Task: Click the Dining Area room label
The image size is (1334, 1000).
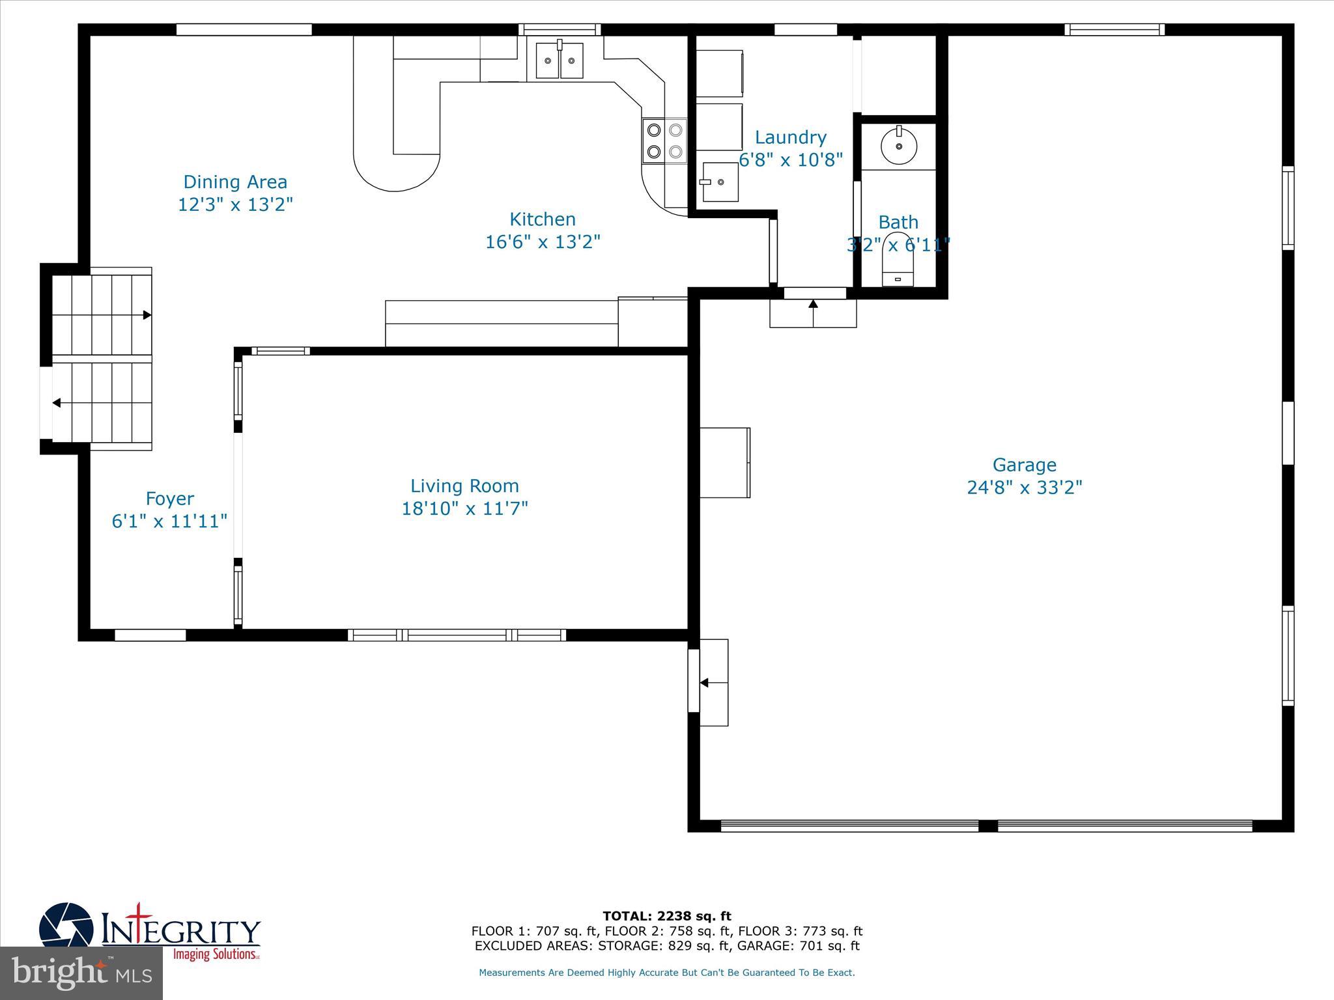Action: point(235,182)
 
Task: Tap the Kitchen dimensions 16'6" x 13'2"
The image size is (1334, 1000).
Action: point(543,242)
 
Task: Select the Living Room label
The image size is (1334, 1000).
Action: point(464,486)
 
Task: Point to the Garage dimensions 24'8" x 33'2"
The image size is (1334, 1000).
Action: point(1024,488)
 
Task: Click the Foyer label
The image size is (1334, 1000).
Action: point(169,499)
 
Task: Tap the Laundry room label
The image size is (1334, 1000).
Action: point(790,137)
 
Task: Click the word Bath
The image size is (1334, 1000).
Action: point(898,222)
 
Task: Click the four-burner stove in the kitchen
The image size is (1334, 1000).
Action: point(664,141)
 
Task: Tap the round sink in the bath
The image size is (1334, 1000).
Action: point(899,145)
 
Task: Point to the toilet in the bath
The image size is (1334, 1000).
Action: point(898,260)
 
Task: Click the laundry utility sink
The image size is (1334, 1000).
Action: point(720,182)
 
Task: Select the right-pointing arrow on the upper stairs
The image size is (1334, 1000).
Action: point(147,315)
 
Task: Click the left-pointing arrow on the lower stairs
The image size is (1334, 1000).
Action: point(57,403)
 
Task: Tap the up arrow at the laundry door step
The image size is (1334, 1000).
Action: point(813,303)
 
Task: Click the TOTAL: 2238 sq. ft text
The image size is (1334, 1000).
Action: point(667,916)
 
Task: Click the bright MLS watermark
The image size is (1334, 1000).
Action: point(81,973)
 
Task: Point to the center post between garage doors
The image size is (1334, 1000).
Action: point(987,826)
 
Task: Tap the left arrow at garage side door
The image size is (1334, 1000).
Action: point(704,683)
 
